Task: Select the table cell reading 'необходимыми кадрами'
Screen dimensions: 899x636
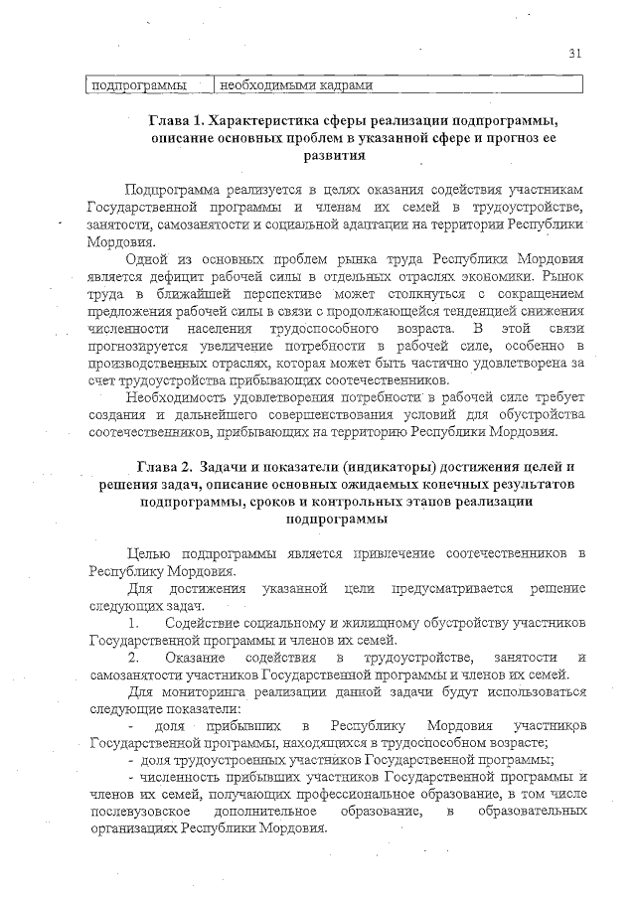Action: pyautogui.click(x=295, y=85)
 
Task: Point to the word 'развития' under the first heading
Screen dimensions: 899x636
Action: pyautogui.click(x=333, y=155)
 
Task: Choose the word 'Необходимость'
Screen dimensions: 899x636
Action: pyautogui.click(x=180, y=398)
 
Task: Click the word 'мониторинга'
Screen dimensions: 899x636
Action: pyautogui.click(x=196, y=692)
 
